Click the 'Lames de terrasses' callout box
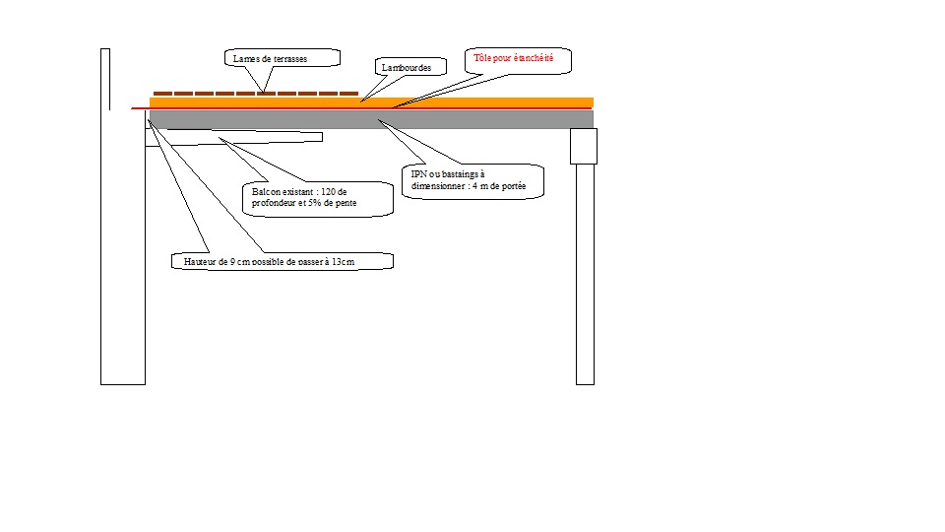(283, 59)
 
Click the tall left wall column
(123, 217)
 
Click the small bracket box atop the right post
(585, 146)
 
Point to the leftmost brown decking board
(163, 93)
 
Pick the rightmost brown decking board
(348, 93)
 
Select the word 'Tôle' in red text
(483, 59)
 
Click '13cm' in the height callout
(341, 263)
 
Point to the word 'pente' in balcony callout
(344, 204)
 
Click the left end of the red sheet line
(134, 107)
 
